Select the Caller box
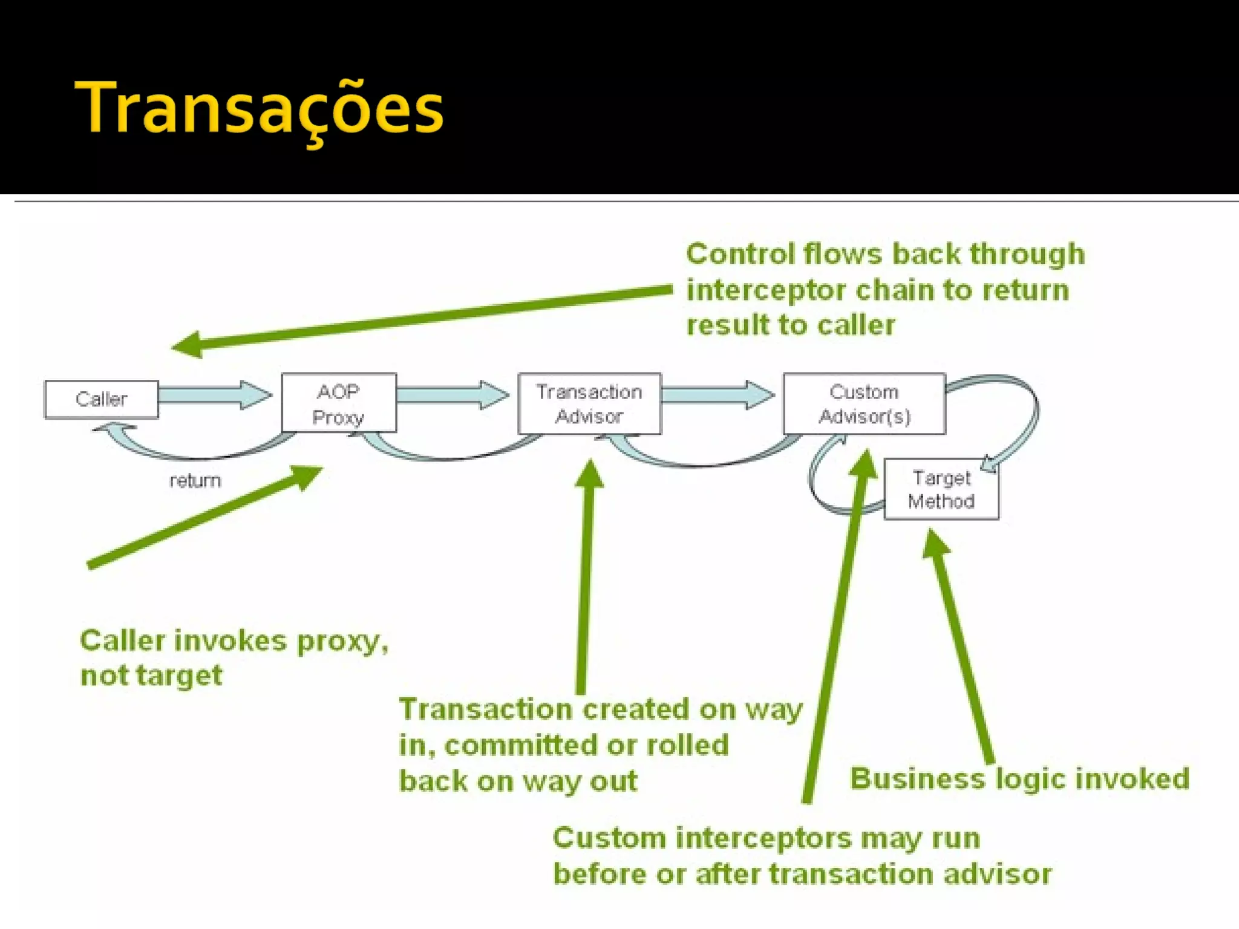coord(102,399)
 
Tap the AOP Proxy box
coord(339,403)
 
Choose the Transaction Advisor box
coord(589,403)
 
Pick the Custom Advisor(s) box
coord(864,403)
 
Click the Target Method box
coord(941,489)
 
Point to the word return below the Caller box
coord(195,481)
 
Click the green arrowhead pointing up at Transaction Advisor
coord(589,475)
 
